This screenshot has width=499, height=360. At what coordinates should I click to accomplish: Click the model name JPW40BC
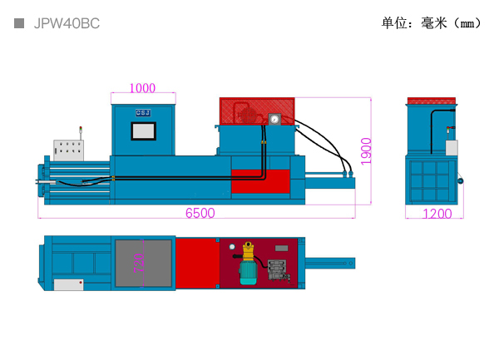tap(67, 24)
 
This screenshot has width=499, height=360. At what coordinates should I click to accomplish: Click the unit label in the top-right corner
tap(431, 23)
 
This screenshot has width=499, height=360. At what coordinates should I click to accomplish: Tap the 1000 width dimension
tap(143, 88)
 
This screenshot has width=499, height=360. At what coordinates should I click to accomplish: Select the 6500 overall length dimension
tap(200, 213)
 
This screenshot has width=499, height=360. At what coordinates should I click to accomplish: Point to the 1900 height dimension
tap(367, 150)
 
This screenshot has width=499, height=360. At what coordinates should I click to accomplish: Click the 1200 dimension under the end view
tap(437, 214)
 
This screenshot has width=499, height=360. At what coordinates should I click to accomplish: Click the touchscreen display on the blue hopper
tap(143, 131)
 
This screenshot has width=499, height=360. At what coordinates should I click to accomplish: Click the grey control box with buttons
tap(70, 150)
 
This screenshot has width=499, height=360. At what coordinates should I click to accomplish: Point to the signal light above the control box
tap(81, 130)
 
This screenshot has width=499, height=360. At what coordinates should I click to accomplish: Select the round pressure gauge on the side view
tap(274, 119)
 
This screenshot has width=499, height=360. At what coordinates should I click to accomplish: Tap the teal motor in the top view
tap(248, 272)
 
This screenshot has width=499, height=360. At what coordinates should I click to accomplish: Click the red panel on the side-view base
tap(259, 180)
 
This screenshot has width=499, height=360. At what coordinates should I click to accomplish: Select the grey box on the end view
tap(452, 147)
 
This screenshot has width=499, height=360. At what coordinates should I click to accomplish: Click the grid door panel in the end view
tap(432, 180)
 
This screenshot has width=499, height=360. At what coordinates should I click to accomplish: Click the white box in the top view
tap(69, 284)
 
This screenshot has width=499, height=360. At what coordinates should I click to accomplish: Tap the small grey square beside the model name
tap(19, 24)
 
